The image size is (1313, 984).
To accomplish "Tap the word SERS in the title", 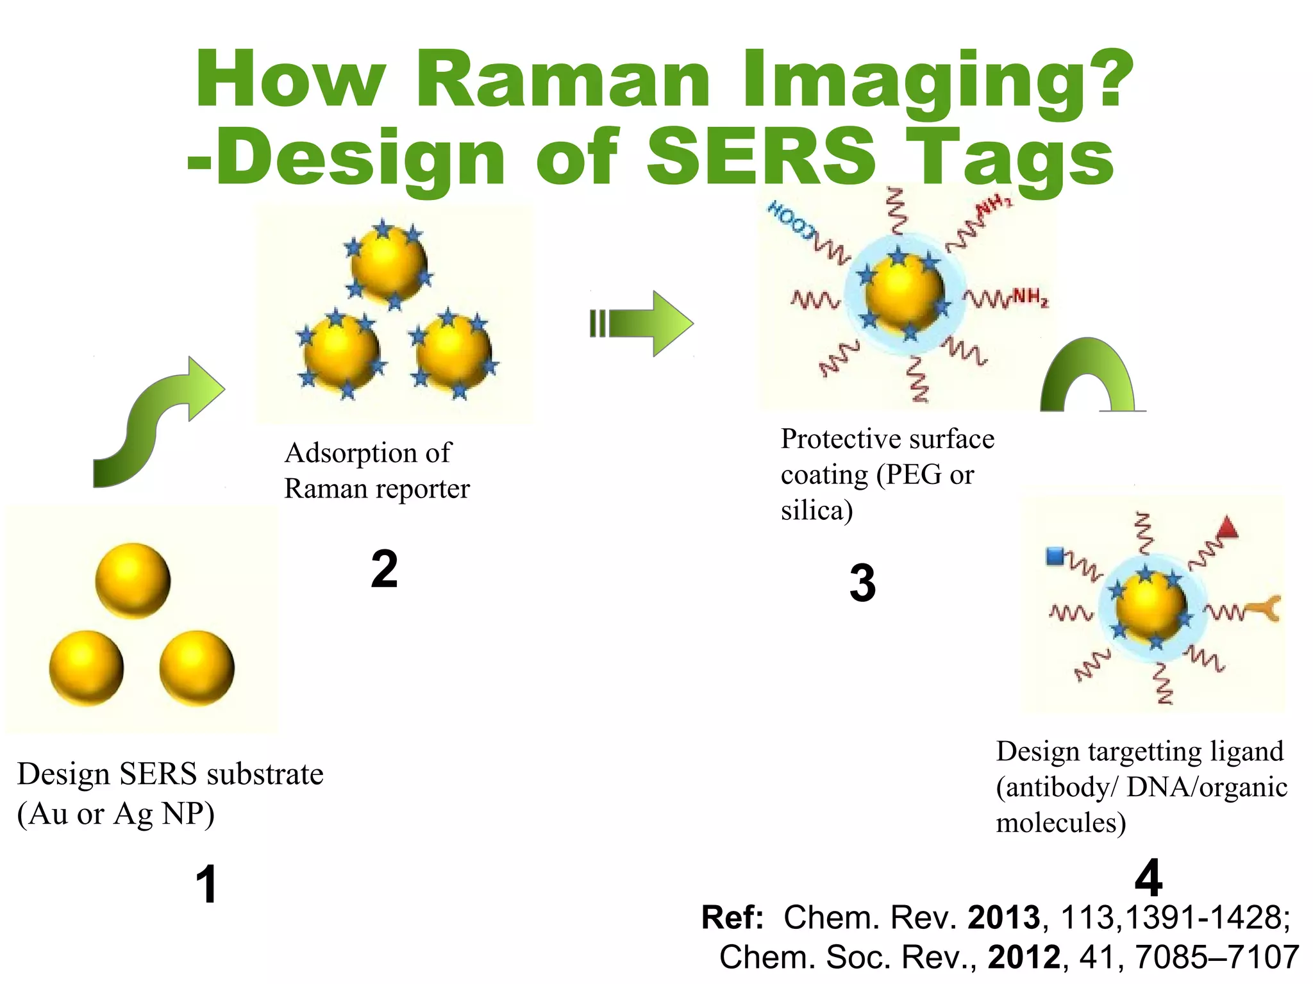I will (x=762, y=157).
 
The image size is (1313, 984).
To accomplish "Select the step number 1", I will (x=206, y=885).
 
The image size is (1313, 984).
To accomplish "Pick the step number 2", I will (x=384, y=569).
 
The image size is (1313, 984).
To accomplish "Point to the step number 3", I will (x=862, y=583).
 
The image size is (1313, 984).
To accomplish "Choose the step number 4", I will (x=1148, y=878).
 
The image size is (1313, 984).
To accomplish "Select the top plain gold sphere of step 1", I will (x=133, y=581).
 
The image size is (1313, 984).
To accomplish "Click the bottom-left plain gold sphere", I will (x=87, y=668).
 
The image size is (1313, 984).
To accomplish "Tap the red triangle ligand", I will (x=1227, y=528).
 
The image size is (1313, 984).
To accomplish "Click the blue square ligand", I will (x=1055, y=556).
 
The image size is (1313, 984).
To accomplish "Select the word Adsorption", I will (x=351, y=453).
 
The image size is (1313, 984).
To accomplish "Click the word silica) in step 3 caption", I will (x=816, y=511).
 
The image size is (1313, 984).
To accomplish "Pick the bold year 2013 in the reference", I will (x=1003, y=917).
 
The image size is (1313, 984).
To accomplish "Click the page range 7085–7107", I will (x=1216, y=957).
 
